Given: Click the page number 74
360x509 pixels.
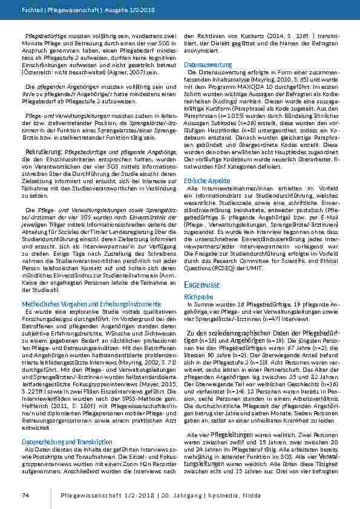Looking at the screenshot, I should [25, 496].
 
